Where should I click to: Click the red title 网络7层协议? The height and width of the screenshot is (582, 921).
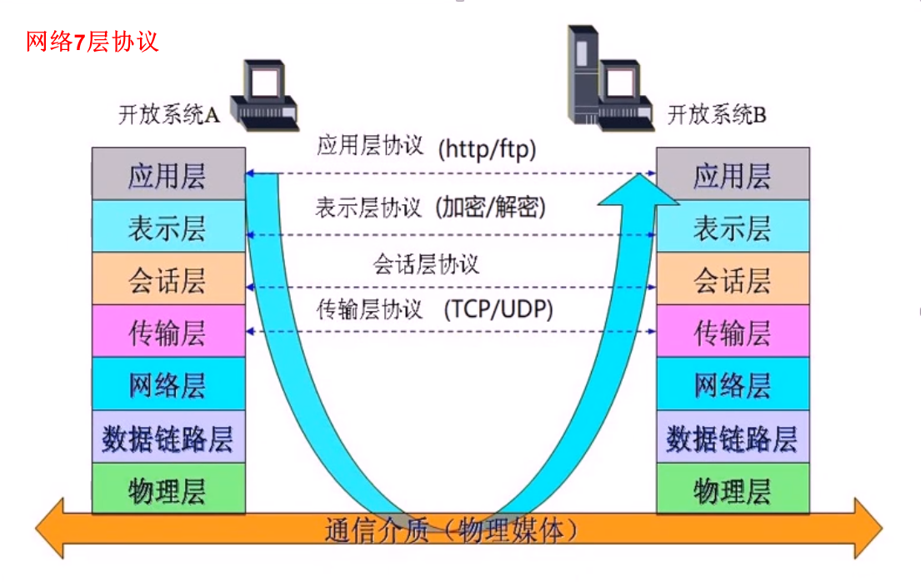pos(92,41)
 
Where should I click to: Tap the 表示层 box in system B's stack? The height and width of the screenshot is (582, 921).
pos(733,227)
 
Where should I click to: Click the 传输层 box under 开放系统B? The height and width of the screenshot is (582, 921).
pos(733,332)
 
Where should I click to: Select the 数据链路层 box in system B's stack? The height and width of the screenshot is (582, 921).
pos(733,437)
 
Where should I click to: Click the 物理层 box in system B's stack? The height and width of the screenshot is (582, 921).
pos(733,489)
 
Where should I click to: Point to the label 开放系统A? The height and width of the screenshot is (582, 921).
pos(168,115)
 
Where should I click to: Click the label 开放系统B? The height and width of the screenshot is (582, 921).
pos(717,115)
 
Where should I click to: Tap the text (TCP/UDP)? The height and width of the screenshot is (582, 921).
pos(498,309)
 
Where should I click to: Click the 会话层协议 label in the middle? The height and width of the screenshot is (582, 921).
pos(426,265)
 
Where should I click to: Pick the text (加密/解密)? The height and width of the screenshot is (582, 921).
pos(491,207)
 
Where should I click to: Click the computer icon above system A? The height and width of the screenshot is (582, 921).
pos(266,95)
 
